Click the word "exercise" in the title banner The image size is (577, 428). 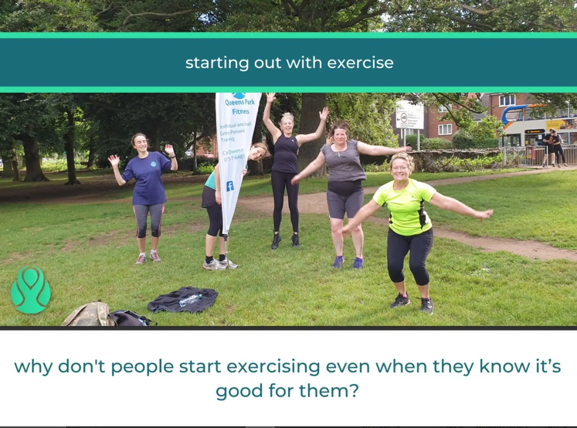(x=360, y=63)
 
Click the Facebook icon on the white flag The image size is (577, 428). (x=230, y=186)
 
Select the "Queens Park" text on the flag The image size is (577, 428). (x=239, y=102)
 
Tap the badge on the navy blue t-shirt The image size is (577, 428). (x=154, y=164)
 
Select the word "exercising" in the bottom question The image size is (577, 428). (x=273, y=367)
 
